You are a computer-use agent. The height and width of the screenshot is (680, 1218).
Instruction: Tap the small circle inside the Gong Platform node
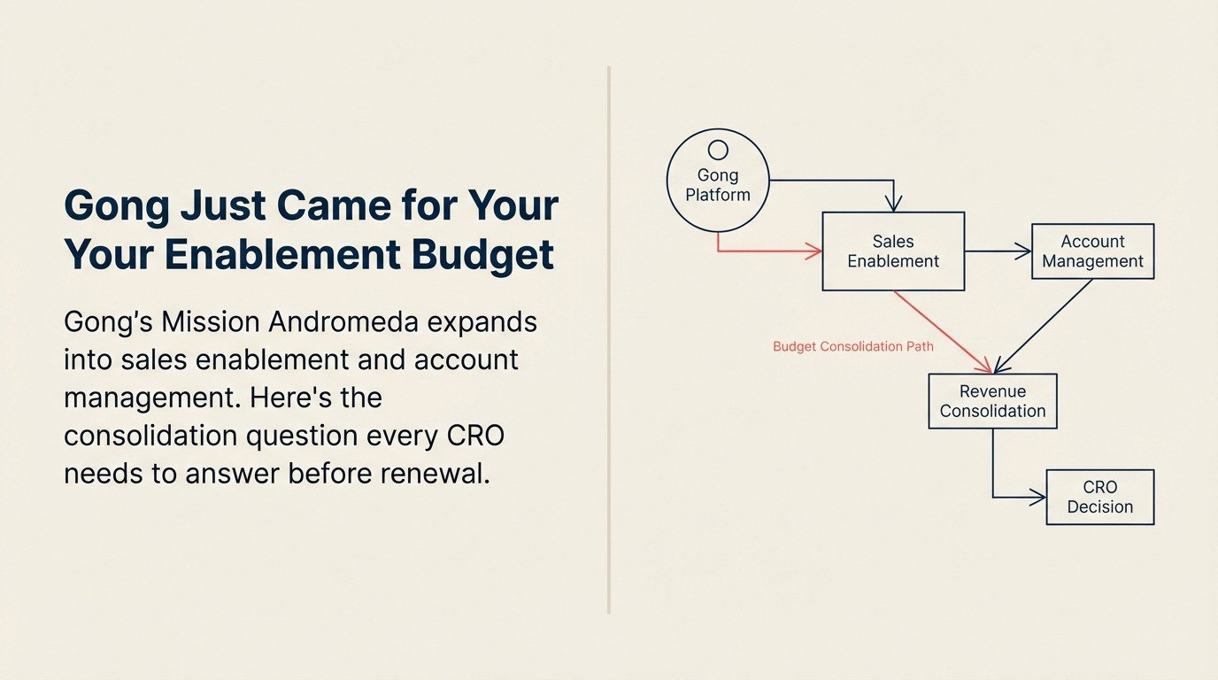pyautogui.click(x=718, y=150)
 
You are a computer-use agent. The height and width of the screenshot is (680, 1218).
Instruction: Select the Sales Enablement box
pyautogui.click(x=893, y=251)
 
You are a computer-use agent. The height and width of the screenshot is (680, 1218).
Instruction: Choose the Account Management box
pyautogui.click(x=1092, y=251)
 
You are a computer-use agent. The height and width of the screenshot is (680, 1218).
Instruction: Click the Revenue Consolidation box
pyautogui.click(x=992, y=401)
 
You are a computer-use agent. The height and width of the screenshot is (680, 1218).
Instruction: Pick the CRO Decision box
pyautogui.click(x=1099, y=497)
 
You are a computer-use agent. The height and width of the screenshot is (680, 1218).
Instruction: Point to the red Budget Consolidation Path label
pyautogui.click(x=852, y=346)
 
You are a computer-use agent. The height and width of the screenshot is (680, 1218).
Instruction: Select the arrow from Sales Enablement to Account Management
pyautogui.click(x=998, y=251)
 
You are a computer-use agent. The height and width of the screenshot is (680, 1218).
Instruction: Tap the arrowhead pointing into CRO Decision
pyautogui.click(x=1038, y=498)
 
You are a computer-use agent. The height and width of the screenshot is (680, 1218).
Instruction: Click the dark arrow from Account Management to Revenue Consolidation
pyautogui.click(x=1045, y=325)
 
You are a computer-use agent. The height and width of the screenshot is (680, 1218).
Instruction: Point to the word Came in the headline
pyautogui.click(x=333, y=206)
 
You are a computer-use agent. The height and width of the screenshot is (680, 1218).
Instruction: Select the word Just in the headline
pyautogui.click(x=223, y=206)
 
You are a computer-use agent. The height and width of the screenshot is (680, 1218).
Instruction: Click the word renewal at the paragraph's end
pyautogui.click(x=435, y=474)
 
